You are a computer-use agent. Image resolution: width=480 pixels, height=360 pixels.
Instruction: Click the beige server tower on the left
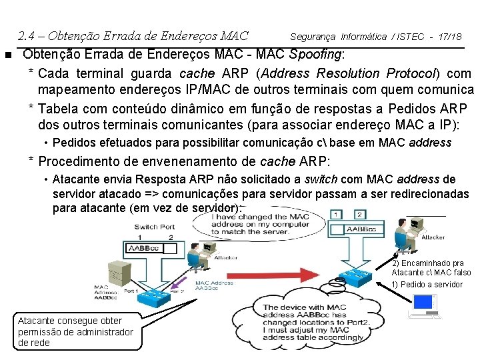(117, 273)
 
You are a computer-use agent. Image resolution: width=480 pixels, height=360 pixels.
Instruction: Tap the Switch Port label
(155, 227)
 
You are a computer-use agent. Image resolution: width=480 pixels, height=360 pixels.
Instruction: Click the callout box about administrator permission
(75, 331)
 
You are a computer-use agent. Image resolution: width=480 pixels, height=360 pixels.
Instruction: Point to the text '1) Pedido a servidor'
(427, 285)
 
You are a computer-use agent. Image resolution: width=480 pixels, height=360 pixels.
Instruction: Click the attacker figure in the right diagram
(405, 227)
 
